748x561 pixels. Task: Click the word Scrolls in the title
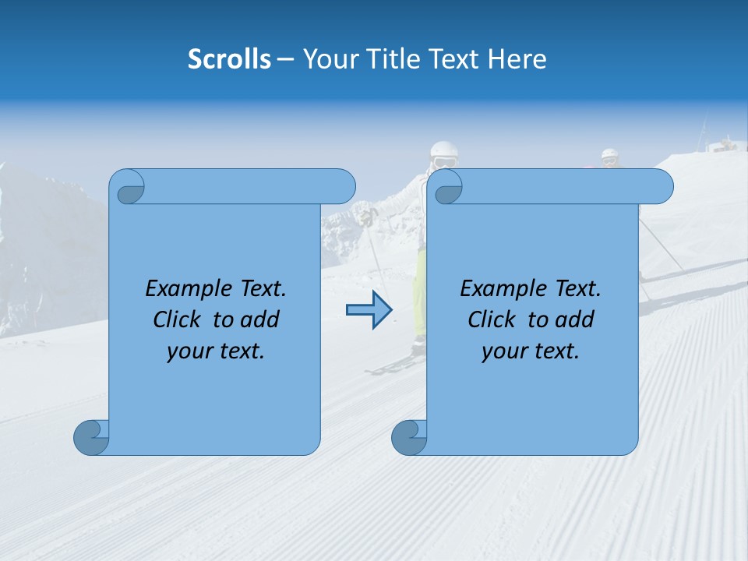(229, 59)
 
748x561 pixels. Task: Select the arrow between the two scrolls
(369, 310)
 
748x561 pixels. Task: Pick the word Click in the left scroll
(178, 319)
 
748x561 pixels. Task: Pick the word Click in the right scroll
(493, 319)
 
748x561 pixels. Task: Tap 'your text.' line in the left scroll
(216, 351)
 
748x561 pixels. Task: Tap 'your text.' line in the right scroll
(531, 351)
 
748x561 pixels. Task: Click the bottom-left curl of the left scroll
(90, 437)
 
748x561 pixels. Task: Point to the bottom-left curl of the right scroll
(408, 437)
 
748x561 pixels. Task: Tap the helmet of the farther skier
(609, 155)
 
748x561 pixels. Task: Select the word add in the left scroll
(261, 319)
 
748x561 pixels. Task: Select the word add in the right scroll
(576, 319)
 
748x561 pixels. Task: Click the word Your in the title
(328, 59)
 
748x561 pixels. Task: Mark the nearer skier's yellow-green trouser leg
(420, 288)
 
